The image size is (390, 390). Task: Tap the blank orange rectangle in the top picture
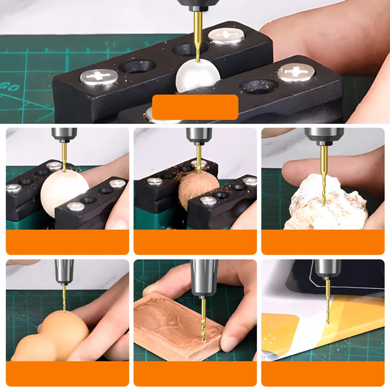195,107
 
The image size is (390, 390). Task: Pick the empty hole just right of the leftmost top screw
137,66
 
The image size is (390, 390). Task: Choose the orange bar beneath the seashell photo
323,242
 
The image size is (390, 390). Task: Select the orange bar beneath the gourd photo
67,374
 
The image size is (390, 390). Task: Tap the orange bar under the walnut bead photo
195,242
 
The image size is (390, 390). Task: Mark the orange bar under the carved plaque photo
195,374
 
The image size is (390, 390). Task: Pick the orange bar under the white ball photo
67,242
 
